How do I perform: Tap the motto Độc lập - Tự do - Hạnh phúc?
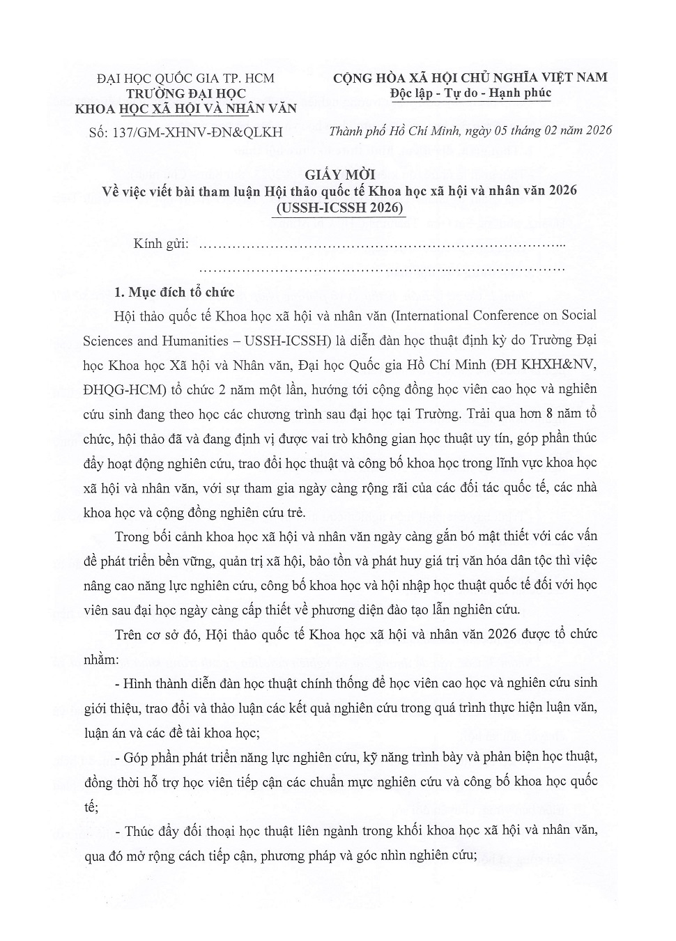tap(471, 93)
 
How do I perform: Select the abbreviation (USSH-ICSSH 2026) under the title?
tap(339, 207)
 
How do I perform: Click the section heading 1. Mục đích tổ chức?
tap(175, 292)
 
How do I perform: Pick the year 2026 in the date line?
tap(596, 130)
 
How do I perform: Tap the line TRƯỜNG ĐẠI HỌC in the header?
tap(186, 93)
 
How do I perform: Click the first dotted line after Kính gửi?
tap(381, 245)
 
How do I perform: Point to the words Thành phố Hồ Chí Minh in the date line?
tap(394, 130)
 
